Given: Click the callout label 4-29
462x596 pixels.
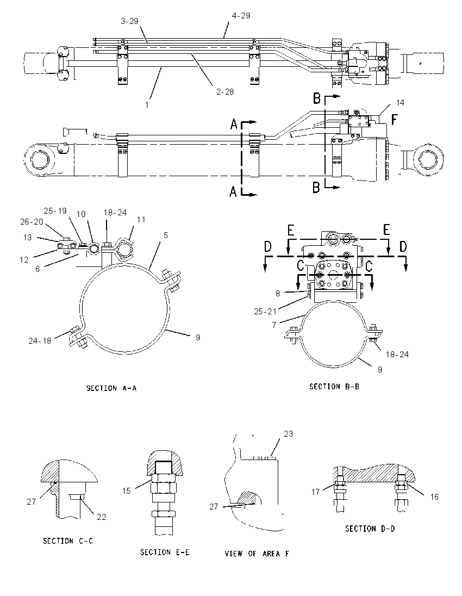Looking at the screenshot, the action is coord(241,16).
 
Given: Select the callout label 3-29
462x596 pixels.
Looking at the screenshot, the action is coord(129,21).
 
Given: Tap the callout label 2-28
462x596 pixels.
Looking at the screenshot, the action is coord(225,91).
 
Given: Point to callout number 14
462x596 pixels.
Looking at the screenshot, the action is coord(400,103).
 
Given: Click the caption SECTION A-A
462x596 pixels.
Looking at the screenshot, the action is coord(111,388).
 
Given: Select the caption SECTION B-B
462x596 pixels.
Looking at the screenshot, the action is coord(334,387).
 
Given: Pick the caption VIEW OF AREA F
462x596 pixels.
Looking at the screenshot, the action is coord(257,554).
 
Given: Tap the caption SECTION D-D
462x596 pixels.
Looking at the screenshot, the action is coord(370,529).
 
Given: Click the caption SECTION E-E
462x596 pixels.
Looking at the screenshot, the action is coord(165,552).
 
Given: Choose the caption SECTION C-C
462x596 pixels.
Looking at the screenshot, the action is coord(68,541).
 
